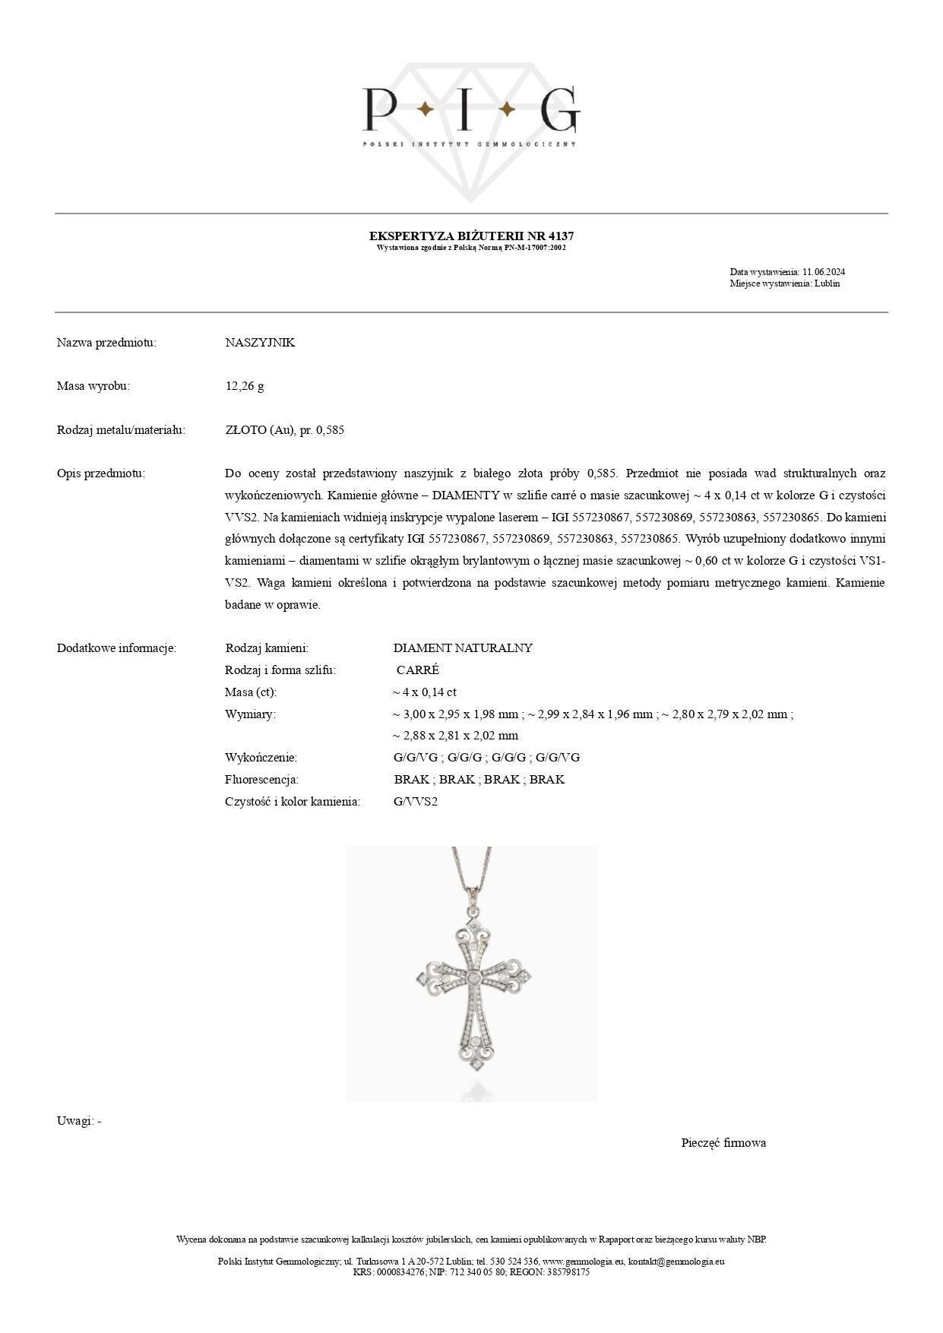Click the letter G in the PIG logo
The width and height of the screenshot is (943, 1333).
pyautogui.click(x=559, y=109)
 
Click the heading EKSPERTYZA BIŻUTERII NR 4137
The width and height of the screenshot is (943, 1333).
pyautogui.click(x=471, y=236)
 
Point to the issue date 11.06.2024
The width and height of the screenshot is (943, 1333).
pyautogui.click(x=824, y=272)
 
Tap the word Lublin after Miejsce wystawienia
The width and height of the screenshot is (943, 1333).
pyautogui.click(x=827, y=283)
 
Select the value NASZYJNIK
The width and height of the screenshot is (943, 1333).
pyautogui.click(x=260, y=343)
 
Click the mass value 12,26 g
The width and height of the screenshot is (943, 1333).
pyautogui.click(x=245, y=386)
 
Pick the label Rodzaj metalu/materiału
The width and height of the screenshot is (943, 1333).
pyautogui.click(x=121, y=430)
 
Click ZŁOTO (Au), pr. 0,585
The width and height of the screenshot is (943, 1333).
pyautogui.click(x=284, y=430)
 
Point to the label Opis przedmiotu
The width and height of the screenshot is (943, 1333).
pyautogui.click(x=100, y=473)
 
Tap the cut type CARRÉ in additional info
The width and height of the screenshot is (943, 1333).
pyautogui.click(x=417, y=670)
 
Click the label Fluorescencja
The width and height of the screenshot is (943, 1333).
pyautogui.click(x=261, y=780)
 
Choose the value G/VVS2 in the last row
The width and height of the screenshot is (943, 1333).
pyautogui.click(x=416, y=802)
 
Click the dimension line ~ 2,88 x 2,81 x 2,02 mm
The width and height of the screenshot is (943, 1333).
pyautogui.click(x=455, y=736)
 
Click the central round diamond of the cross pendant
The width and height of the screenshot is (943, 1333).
pyautogui.click(x=474, y=978)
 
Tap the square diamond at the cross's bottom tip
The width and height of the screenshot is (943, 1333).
pyautogui.click(x=476, y=1065)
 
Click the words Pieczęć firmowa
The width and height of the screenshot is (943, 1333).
pyautogui.click(x=723, y=1143)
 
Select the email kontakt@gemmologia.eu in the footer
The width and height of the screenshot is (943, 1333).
pyautogui.click(x=676, y=1261)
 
